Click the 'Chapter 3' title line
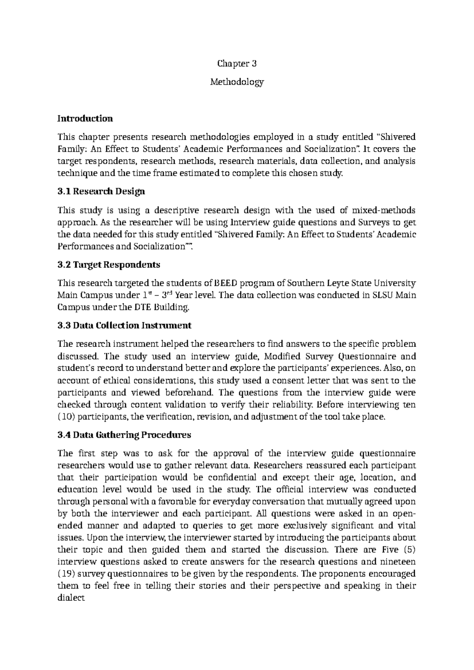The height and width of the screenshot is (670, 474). tap(237, 64)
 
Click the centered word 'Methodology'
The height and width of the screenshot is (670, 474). tap(237, 82)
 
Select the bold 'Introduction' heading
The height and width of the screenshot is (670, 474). tap(85, 119)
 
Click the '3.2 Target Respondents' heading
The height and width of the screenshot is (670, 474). tap(109, 264)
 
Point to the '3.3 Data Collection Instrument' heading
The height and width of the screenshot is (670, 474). tap(124, 326)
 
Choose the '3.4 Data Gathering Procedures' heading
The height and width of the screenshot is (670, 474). tap(124, 435)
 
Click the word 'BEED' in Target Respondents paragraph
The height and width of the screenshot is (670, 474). tap(224, 283)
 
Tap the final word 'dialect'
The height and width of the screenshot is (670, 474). tap(71, 598)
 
